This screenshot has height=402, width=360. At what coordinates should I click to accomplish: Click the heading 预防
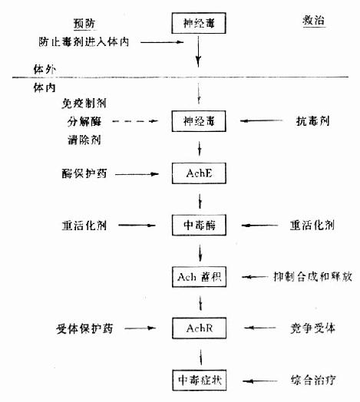(x=84, y=24)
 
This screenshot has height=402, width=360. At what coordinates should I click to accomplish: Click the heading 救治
(x=313, y=20)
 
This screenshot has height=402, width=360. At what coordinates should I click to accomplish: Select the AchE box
(x=199, y=173)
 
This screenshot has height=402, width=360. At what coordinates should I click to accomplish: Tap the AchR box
(x=199, y=328)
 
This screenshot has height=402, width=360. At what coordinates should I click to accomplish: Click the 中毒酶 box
(x=199, y=225)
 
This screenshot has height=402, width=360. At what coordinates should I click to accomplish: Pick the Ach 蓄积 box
(x=199, y=277)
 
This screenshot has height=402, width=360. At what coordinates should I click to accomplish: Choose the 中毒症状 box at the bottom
(x=200, y=381)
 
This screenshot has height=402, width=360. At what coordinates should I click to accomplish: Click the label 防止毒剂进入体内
(x=84, y=41)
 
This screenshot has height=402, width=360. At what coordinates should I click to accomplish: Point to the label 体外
(x=45, y=69)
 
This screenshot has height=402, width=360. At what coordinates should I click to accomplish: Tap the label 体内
(x=45, y=87)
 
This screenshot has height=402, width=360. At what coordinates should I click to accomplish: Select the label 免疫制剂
(x=84, y=104)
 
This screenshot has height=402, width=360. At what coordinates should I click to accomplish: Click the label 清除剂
(x=84, y=140)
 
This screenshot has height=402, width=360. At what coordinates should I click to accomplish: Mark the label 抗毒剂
(x=312, y=121)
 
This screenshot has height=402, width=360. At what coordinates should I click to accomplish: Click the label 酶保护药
(x=84, y=173)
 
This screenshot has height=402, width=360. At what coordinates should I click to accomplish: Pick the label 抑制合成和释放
(x=312, y=277)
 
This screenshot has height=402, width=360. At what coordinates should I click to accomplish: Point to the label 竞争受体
(x=312, y=328)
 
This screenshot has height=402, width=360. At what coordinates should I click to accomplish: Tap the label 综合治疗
(x=313, y=381)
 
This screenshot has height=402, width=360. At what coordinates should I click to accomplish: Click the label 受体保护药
(x=84, y=328)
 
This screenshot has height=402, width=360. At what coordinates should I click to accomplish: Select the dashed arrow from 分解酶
(x=135, y=121)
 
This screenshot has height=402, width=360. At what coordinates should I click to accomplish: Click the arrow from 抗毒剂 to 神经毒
(x=261, y=120)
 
